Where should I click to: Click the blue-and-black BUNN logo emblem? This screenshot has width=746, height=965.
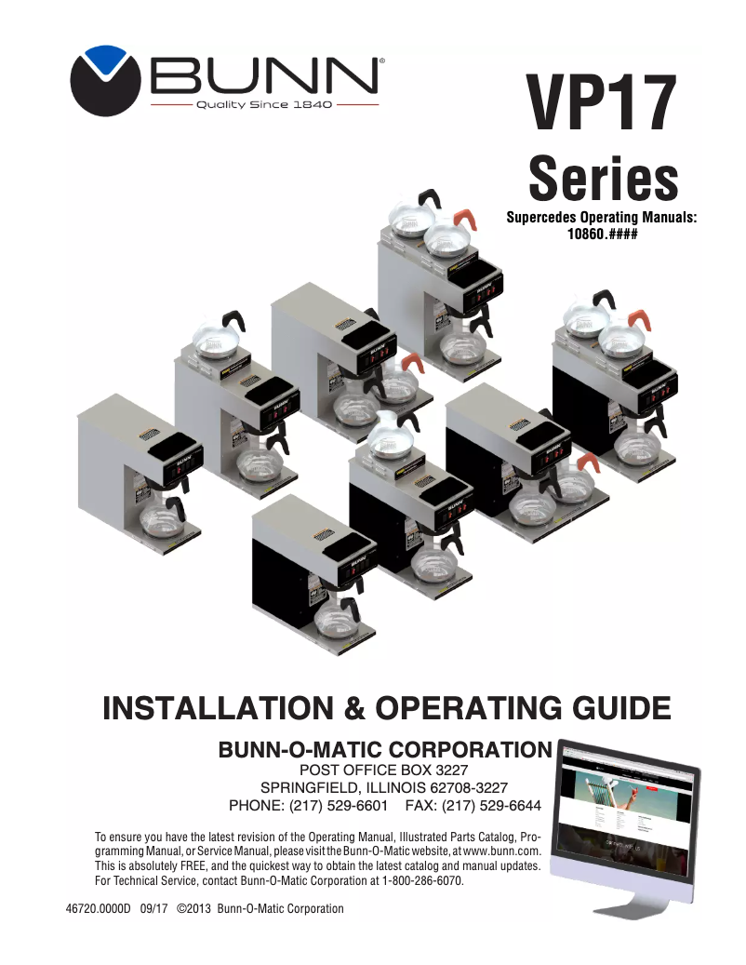[104, 80]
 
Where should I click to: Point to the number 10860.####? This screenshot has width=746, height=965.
[601, 235]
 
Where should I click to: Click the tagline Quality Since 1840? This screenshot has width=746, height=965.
[265, 105]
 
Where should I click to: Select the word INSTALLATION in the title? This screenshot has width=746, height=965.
[218, 707]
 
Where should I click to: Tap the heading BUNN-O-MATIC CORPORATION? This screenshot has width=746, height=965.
[384, 750]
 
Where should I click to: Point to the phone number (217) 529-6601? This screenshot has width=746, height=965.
[337, 805]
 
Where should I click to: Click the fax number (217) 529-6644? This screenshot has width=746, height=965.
[492, 805]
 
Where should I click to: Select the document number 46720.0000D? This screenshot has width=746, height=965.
[93, 909]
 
